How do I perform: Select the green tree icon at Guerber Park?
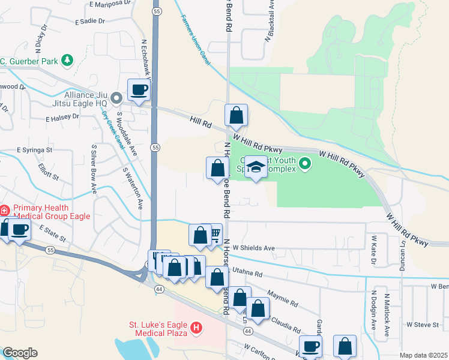(67, 60)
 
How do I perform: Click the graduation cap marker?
(256, 167)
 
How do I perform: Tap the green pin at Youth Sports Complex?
(306, 163)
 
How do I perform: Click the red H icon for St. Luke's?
(196, 328)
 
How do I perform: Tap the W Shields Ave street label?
(253, 248)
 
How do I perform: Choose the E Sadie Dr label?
(90, 21)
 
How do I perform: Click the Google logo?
(20, 353)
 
